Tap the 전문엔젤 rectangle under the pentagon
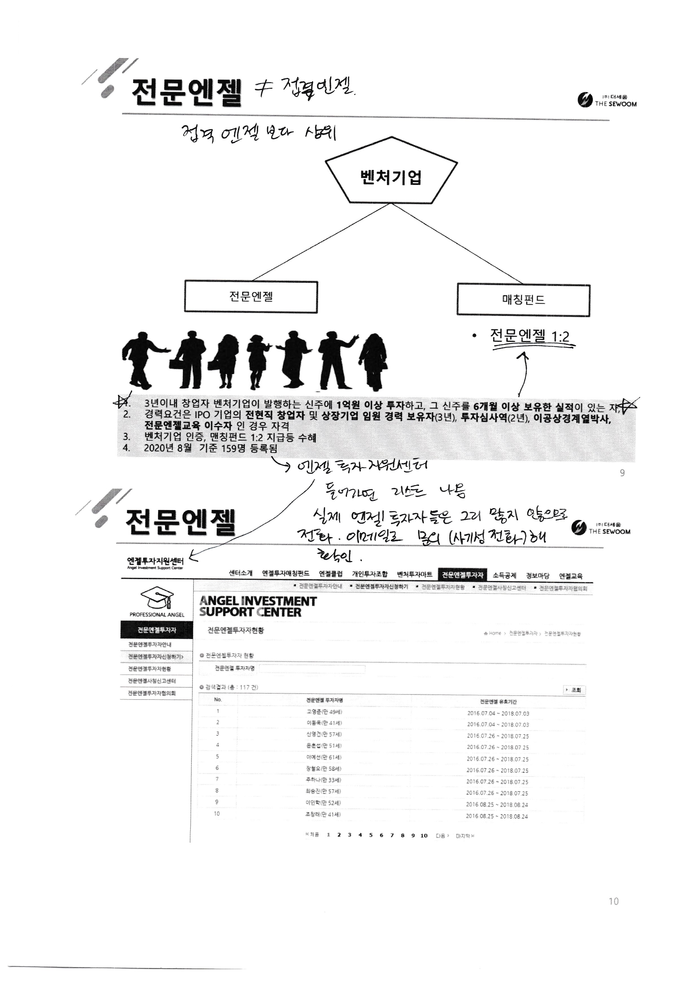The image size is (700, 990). tap(251, 297)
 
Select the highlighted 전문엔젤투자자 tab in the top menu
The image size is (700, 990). tap(463, 575)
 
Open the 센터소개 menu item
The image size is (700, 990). tap(240, 574)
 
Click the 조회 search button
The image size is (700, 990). tap(575, 690)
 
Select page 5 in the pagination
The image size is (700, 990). tap(370, 835)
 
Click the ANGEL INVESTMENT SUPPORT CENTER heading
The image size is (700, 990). tap(258, 606)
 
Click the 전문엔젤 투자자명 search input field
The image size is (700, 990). tap(312, 669)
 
